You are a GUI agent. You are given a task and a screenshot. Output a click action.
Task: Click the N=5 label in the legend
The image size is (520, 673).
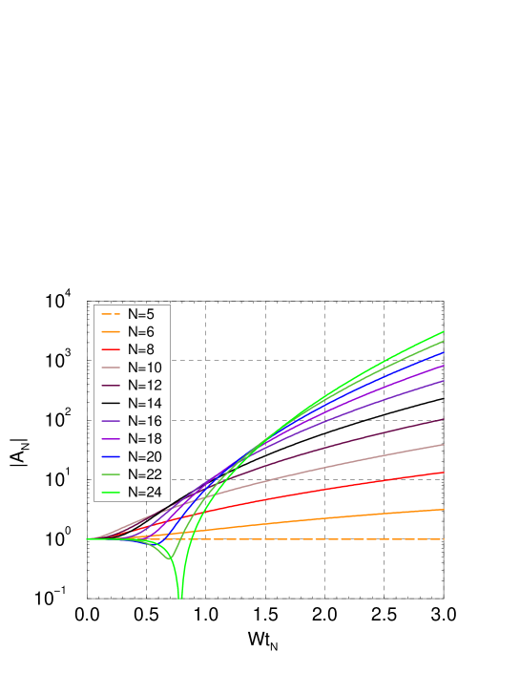(x=141, y=314)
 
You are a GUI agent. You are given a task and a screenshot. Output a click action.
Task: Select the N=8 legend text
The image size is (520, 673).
(x=141, y=349)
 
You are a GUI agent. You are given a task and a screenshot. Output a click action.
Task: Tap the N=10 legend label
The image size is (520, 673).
(x=145, y=368)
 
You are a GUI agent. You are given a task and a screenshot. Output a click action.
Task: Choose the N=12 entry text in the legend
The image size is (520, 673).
(x=145, y=386)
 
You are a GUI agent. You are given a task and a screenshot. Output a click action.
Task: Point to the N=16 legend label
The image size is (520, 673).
(x=145, y=421)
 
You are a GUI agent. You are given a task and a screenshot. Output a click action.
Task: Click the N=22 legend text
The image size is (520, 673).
(x=145, y=474)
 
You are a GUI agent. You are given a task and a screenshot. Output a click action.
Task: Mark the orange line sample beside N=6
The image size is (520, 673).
(x=111, y=332)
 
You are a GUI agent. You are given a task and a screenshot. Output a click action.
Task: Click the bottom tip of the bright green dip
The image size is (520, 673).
(x=180, y=599)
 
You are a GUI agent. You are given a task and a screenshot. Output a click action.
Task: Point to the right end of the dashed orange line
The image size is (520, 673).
(x=444, y=539)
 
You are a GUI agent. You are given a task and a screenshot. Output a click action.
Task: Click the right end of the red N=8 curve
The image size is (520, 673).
(x=444, y=473)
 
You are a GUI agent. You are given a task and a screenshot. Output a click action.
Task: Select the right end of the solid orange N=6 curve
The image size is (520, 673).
(x=444, y=510)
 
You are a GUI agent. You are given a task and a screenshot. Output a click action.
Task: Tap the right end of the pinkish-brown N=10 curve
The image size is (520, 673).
(x=444, y=445)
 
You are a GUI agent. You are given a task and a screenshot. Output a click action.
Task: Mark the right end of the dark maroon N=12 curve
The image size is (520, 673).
(x=444, y=419)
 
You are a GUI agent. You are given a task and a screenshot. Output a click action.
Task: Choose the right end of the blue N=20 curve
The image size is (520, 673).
(x=444, y=352)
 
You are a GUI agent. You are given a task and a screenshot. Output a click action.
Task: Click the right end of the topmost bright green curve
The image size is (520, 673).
(x=444, y=332)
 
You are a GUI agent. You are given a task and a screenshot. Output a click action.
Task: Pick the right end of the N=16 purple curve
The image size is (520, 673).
(x=444, y=381)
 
